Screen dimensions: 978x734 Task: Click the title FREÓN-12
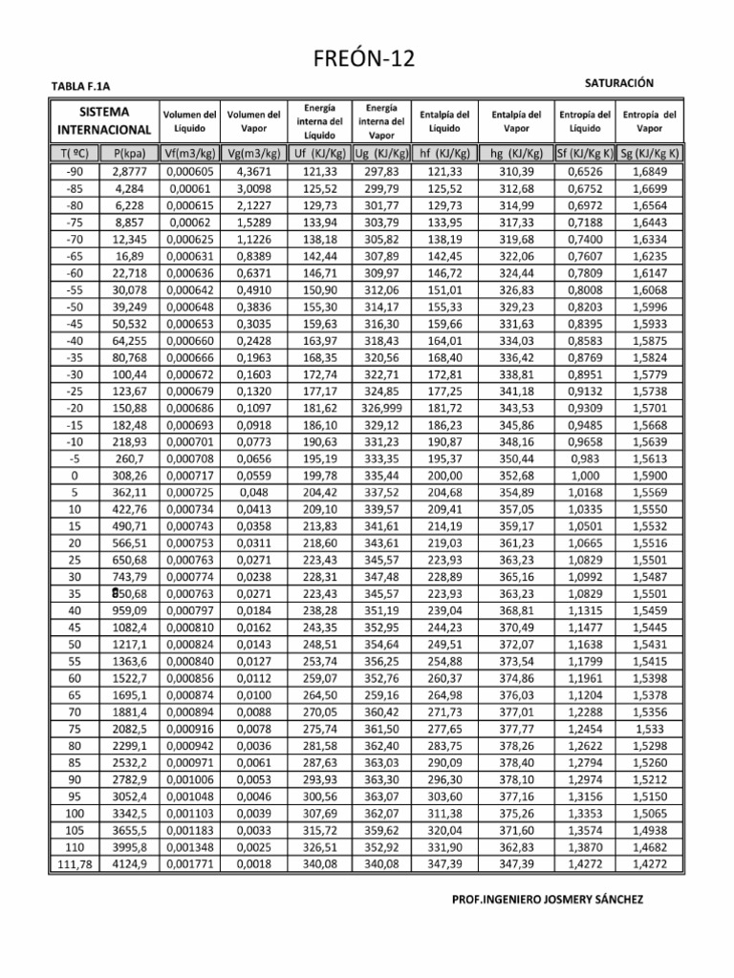tap(366, 59)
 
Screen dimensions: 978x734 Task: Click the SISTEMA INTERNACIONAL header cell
tap(104, 120)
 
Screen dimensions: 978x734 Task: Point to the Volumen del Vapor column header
tap(253, 120)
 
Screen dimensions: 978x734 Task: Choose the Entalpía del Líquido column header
tap(444, 120)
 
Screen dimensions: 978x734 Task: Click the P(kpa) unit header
tap(128, 153)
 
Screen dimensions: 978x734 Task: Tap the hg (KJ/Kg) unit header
tap(515, 153)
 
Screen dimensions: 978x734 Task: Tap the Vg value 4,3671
tap(253, 170)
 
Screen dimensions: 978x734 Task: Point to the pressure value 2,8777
tap(128, 170)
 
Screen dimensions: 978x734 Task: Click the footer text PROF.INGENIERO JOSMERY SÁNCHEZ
tap(547, 901)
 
